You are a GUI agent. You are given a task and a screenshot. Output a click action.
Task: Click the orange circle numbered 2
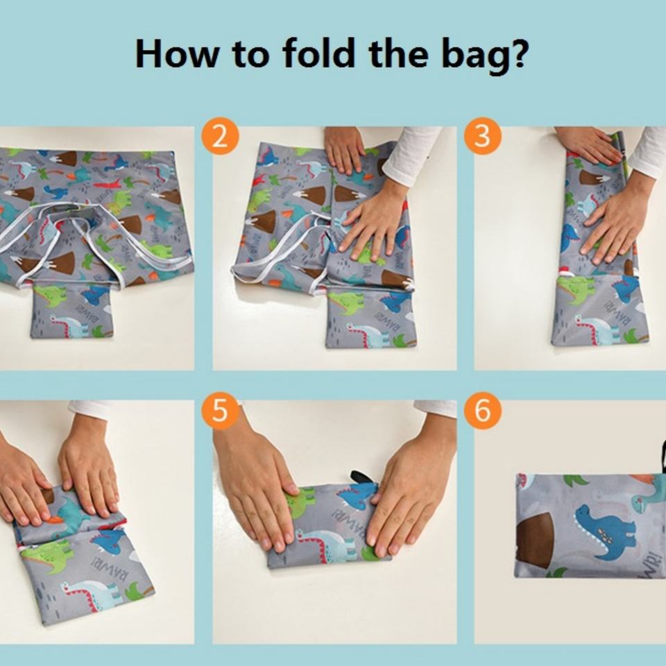[220, 136]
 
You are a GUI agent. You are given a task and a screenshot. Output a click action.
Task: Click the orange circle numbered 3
[482, 136]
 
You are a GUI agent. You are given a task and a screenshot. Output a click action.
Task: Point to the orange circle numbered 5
[220, 410]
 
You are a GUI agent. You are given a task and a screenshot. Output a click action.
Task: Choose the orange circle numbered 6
[482, 410]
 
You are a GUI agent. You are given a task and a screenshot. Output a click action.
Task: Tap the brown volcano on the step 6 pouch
[534, 540]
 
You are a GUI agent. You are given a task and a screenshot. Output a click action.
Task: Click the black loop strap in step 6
[662, 456]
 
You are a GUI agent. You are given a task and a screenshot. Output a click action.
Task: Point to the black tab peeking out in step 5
[361, 477]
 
